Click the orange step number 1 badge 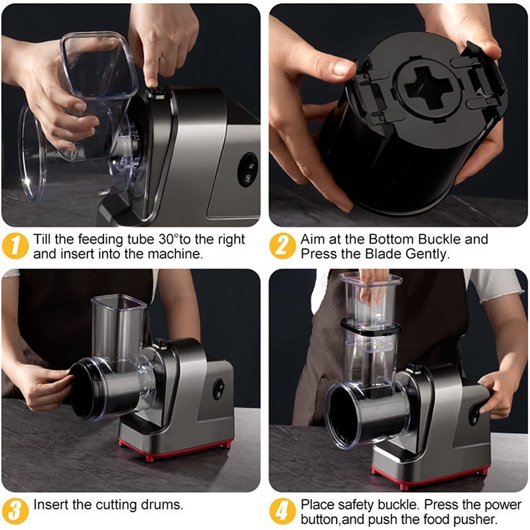tap(15, 246)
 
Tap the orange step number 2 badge tap(283, 246)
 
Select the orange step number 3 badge tap(15, 511)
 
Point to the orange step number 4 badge tap(283, 511)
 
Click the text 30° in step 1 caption tap(168, 239)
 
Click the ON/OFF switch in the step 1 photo tap(248, 170)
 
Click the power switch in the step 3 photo tap(219, 389)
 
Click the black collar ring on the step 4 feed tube tap(370, 327)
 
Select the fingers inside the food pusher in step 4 tap(373, 288)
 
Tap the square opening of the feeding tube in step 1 tap(98, 64)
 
